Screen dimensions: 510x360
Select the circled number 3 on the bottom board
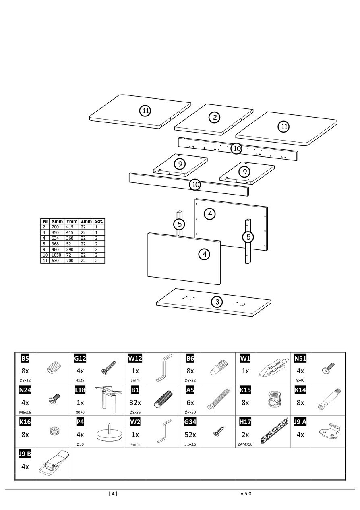217,302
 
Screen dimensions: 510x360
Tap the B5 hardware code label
25,358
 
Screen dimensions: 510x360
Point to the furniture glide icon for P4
109,433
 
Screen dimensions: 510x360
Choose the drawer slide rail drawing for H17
274,430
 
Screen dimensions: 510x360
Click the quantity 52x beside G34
190,435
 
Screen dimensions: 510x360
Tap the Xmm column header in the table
57,222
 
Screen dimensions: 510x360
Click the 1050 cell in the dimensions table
56,255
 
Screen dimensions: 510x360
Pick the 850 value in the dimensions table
55,233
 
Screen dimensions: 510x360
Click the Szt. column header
99,222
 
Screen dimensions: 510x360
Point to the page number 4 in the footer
113,493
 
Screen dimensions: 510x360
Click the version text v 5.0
246,493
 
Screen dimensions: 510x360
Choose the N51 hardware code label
300,358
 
